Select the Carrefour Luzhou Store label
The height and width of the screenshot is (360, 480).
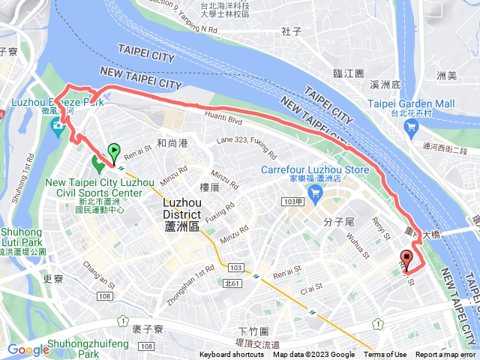pyautogui.click(x=315, y=170)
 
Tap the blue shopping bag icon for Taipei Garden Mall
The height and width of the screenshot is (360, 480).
pyautogui.click(x=410, y=127)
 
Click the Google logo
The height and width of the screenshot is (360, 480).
pyautogui.click(x=28, y=349)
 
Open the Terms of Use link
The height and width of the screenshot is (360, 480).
pyautogui.click(x=385, y=355)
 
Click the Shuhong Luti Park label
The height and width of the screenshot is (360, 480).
pyautogui.click(x=22, y=238)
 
